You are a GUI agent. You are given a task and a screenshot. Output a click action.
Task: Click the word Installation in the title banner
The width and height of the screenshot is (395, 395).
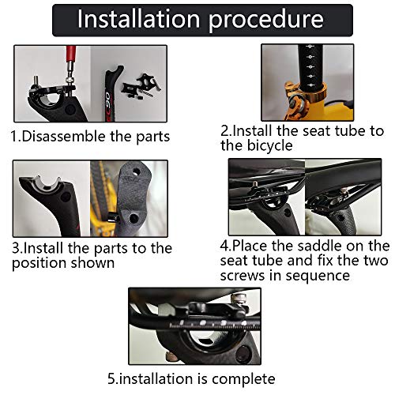[138, 19]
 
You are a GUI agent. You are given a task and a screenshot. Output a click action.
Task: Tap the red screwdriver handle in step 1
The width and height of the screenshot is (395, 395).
[70, 55]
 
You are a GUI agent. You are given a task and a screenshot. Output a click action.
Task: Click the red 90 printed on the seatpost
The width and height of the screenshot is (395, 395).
[107, 100]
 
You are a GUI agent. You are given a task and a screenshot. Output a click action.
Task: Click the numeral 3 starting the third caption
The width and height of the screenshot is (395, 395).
[16, 248]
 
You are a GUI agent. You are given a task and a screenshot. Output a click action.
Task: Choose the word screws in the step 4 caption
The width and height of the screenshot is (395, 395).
[243, 276]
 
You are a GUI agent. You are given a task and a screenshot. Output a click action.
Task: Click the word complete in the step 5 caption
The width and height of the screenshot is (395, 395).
[243, 379]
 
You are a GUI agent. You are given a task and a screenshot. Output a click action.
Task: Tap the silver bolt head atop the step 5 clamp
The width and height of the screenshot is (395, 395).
[236, 299]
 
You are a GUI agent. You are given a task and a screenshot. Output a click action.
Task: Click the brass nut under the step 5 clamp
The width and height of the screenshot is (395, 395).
[171, 356]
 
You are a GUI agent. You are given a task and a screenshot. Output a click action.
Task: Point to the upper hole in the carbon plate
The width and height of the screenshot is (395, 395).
[136, 172]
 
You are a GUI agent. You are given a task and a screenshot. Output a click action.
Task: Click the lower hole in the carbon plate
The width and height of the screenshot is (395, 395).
[134, 218]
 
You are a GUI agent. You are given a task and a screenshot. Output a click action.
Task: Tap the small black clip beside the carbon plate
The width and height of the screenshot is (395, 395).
[113, 217]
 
